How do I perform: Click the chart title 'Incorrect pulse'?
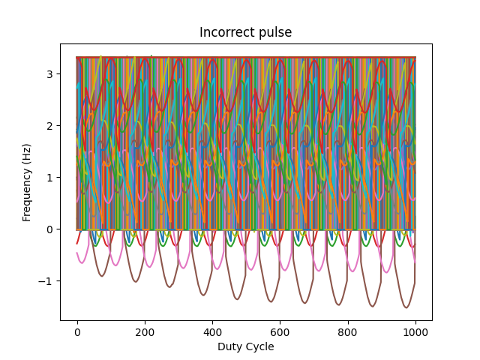[245, 32]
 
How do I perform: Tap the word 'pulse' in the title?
[275, 32]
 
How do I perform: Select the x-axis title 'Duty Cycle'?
[245, 346]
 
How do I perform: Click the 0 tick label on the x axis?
[77, 331]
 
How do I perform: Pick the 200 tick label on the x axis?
[145, 331]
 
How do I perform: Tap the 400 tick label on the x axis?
[212, 331]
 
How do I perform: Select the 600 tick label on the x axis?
[280, 331]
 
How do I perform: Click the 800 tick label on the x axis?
[347, 331]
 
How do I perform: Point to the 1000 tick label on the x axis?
[415, 331]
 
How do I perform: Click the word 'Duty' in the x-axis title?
[229, 346]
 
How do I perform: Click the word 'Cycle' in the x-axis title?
[259, 346]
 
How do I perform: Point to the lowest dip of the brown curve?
[406, 307]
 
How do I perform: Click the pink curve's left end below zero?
[77, 253]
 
